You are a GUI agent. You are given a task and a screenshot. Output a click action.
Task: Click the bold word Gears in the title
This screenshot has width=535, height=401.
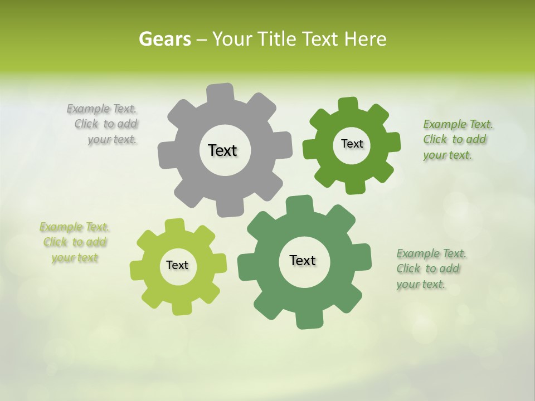coord(165,39)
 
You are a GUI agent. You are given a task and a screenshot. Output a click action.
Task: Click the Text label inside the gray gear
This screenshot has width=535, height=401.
coord(222,150)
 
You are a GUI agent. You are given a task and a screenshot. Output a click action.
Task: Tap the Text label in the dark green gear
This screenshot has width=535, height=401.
coord(352,144)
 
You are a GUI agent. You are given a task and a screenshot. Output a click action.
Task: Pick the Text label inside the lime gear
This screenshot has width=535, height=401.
coord(177,265)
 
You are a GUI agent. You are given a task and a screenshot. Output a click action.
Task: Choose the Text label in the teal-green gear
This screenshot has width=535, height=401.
coord(303,260)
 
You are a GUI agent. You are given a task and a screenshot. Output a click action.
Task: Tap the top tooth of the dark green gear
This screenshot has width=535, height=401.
coord(348,104)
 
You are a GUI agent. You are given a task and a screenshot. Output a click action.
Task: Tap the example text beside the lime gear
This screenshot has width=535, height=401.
coord(75,242)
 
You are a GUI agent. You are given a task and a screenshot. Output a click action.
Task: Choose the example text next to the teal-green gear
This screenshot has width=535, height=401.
coord(429,269)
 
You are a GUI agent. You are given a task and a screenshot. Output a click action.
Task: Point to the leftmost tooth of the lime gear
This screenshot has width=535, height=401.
coord(137,269)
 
